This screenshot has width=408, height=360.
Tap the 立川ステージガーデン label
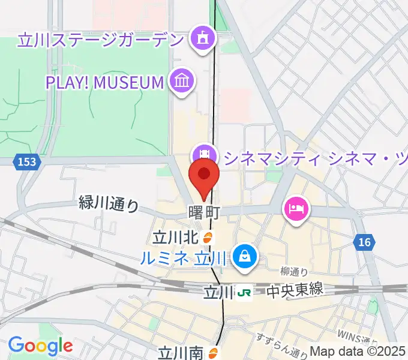(x=100, y=41)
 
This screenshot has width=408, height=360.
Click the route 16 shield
(x=365, y=242)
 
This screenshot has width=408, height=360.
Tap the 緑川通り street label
(x=108, y=205)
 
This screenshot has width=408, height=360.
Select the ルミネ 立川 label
(x=182, y=258)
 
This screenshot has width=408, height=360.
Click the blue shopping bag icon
(x=244, y=256)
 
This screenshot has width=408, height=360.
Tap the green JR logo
(x=244, y=292)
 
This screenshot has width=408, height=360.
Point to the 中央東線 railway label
(x=295, y=291)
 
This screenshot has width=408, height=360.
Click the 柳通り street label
(x=295, y=271)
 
